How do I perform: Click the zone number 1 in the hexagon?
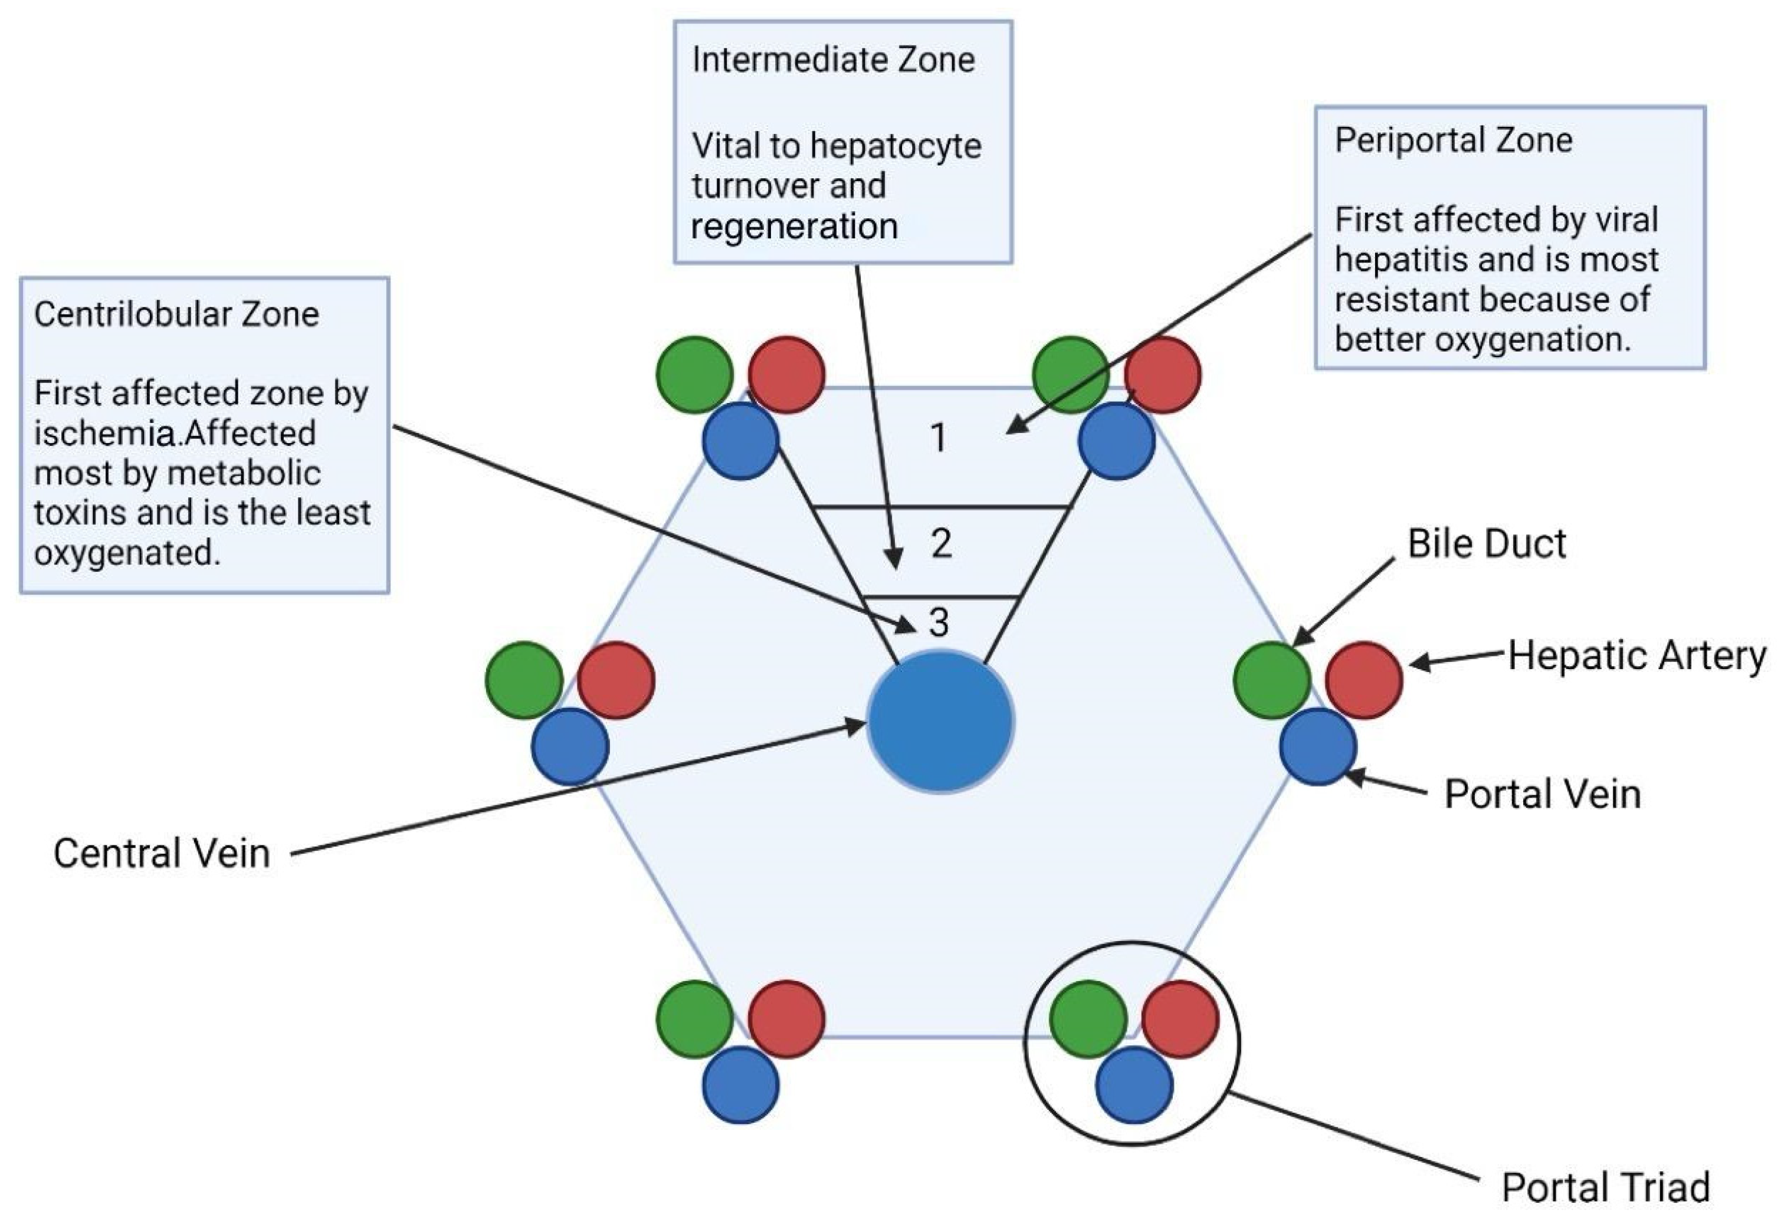938,438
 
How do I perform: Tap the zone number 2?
941,544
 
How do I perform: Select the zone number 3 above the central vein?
939,623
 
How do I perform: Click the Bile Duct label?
1486,544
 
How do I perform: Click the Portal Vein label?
1542,794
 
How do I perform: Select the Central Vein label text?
162,854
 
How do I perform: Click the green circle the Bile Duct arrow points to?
1271,680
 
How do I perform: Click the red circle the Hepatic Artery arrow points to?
1363,680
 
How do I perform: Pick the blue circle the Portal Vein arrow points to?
1317,746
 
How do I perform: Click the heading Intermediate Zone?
833,60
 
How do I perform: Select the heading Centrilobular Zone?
176,314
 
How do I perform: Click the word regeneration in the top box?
794,227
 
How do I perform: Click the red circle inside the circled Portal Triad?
1179,1019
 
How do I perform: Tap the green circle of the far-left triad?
524,680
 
